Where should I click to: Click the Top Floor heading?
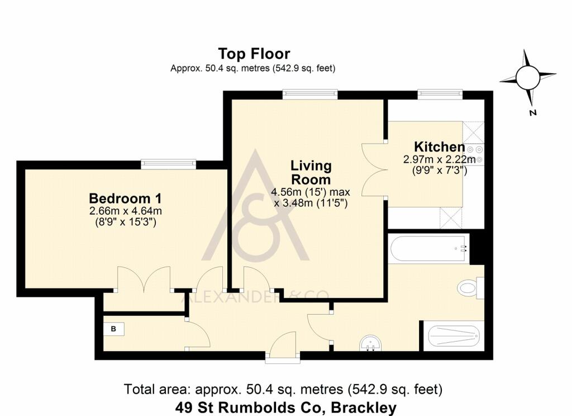pos(254,54)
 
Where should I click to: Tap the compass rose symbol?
pos(527,78)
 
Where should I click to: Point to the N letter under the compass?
pos(532,112)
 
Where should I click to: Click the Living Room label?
pos(311,173)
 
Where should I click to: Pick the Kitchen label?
pos(439,147)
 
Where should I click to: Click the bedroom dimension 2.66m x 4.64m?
pos(126,211)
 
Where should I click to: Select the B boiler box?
pos(113,329)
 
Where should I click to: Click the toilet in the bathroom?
pos(469,288)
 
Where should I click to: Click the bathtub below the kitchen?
pos(428,249)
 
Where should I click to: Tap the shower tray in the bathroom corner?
pos(453,336)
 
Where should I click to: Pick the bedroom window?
pos(168,164)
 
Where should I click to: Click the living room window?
pos(310,94)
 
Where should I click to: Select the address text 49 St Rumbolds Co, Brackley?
pos(285,408)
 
